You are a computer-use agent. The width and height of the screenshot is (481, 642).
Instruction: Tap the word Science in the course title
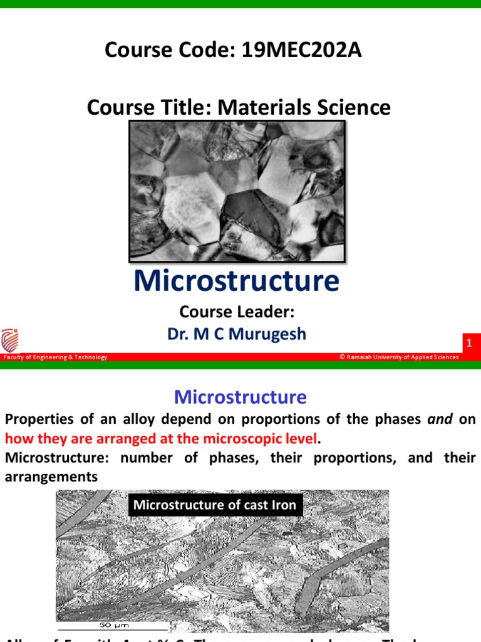pyautogui.click(x=353, y=107)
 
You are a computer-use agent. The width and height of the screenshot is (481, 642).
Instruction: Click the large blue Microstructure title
pyautogui.click(x=236, y=281)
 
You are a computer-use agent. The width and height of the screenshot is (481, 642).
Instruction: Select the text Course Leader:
pyautogui.click(x=236, y=312)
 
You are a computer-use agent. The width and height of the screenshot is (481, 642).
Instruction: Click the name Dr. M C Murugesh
pyautogui.click(x=236, y=334)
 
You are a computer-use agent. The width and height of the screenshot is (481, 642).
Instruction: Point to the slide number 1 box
pyautogui.click(x=469, y=344)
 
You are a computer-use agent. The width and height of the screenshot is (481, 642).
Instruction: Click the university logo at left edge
pyautogui.click(x=9, y=340)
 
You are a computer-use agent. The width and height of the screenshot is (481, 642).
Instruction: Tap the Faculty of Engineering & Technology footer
pyautogui.click(x=55, y=357)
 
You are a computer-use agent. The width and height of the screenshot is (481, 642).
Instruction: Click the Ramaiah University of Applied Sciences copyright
pyautogui.click(x=399, y=357)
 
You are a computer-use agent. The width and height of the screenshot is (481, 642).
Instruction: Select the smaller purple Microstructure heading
pyautogui.click(x=240, y=397)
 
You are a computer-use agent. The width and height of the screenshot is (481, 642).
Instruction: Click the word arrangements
pyautogui.click(x=51, y=477)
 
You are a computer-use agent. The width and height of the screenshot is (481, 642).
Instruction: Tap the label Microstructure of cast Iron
pyautogui.click(x=215, y=505)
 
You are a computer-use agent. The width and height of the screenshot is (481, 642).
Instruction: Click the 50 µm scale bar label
pyautogui.click(x=115, y=625)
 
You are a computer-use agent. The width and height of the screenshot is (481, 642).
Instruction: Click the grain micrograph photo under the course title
pyautogui.click(x=237, y=191)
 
